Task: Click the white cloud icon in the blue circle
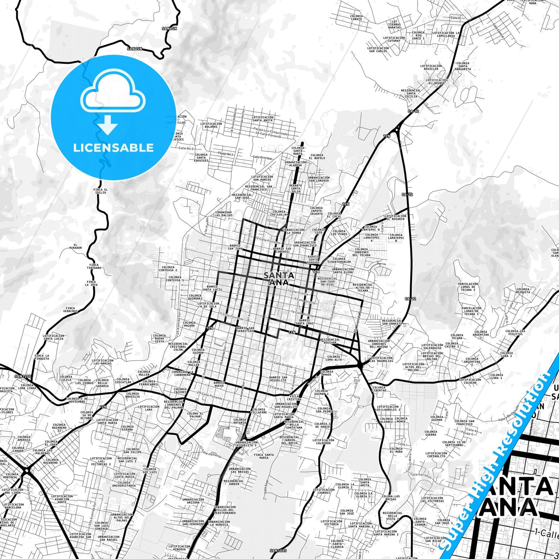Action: (x=113, y=92)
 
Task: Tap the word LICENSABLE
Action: (x=113, y=147)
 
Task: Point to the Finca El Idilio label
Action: (x=100, y=191)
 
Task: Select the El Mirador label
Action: (x=75, y=246)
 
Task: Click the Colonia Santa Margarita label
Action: (x=463, y=66)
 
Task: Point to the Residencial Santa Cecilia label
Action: (x=411, y=93)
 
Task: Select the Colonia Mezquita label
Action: (x=523, y=291)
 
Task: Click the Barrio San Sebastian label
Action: (x=245, y=329)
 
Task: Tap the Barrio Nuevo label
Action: (x=219, y=384)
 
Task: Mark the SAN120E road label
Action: (x=23, y=376)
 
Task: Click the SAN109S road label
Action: (x=278, y=550)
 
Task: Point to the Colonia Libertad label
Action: (x=379, y=389)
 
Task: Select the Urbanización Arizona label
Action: (x=193, y=501)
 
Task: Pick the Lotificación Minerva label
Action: (x=179, y=548)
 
